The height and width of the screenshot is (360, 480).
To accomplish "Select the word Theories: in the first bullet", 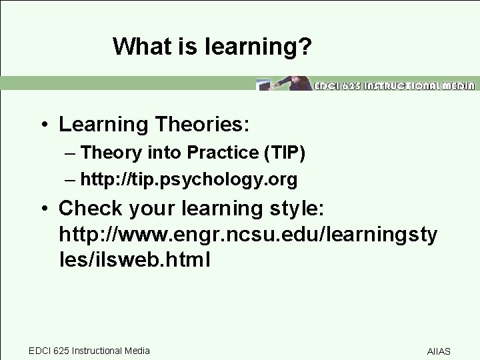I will coord(218,125).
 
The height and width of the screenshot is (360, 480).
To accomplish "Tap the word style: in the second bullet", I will coord(295,209).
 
